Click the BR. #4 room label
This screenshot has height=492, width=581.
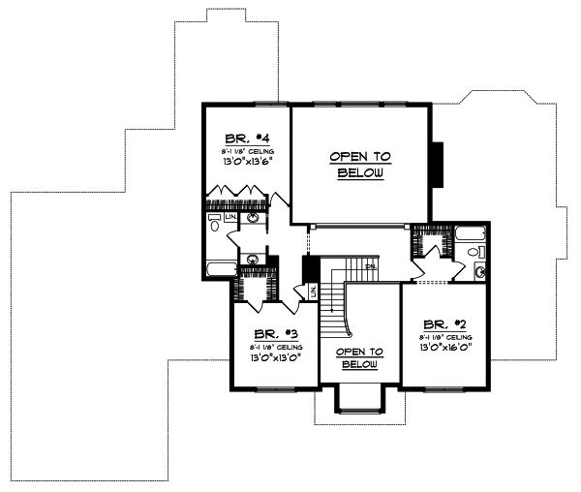[238, 138]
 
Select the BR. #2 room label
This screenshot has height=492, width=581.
[440, 324]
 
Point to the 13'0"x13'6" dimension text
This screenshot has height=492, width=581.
[238, 164]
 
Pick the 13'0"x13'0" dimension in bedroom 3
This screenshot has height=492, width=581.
[264, 356]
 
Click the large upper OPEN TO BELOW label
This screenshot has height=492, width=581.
[360, 165]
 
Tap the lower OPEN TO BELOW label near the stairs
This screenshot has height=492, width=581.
[359, 357]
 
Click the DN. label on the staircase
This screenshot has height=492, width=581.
[368, 265]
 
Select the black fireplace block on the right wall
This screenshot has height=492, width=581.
[437, 164]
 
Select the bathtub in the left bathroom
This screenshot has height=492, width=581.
[220, 268]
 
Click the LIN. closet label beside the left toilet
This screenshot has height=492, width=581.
[230, 217]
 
